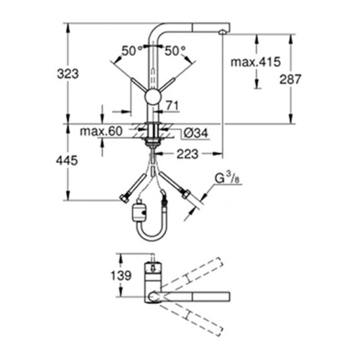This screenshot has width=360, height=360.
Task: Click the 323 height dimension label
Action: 68,74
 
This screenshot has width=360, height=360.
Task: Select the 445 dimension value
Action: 67,160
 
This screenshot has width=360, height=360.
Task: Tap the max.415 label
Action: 256,62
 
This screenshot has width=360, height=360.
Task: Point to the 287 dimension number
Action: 290,79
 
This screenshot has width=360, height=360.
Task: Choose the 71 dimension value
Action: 172,106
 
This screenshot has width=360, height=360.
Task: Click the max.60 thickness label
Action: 101,131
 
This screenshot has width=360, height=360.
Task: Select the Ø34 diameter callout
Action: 196,133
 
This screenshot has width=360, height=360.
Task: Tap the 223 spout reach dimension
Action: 187,154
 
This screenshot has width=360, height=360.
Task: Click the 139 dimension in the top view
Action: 121,275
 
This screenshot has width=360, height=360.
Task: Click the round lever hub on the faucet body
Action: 153,97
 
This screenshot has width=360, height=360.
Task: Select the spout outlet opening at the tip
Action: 222,32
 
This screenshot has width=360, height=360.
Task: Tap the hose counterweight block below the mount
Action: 139,211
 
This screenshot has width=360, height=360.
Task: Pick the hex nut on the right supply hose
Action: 185,194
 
